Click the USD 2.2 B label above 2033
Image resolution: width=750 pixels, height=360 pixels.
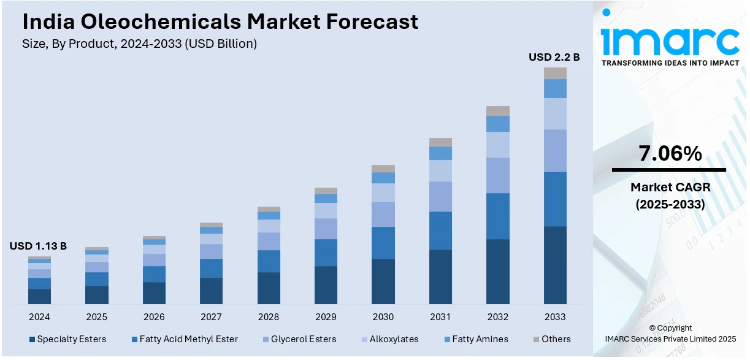pos(554,58)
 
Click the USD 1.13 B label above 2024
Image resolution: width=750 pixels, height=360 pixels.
pos(38,247)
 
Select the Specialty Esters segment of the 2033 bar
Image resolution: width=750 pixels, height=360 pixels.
pos(555,265)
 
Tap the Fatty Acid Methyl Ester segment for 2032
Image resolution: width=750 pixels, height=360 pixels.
pos(497,216)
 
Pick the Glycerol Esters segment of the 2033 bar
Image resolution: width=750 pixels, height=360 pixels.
pos(555,150)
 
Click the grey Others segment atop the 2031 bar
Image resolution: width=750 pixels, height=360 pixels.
pos(440,142)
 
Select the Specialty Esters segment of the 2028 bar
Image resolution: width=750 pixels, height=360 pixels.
pos(269,288)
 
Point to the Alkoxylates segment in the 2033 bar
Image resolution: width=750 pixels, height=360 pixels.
pos(555,113)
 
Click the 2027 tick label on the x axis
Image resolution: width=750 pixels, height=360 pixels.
pos(211,317)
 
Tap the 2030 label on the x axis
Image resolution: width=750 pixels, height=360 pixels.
pos(383,317)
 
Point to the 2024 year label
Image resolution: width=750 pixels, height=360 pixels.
pos(39,317)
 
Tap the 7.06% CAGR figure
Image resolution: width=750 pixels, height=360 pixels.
pos(670,154)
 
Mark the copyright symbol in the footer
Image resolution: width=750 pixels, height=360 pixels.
pos(652,328)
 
